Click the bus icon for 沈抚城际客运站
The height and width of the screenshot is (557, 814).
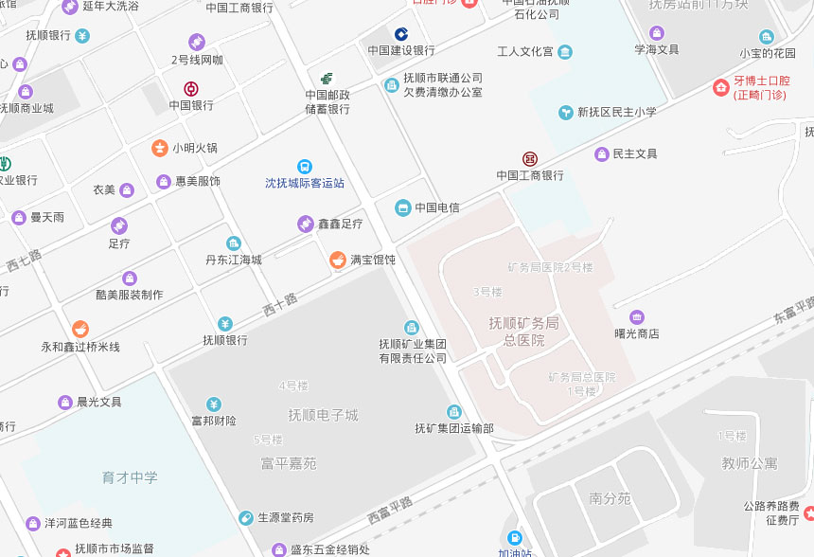(304, 167)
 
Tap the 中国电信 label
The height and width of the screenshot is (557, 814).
(436, 207)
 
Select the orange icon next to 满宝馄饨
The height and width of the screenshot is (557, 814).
(337, 260)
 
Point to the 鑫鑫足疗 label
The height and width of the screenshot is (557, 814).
(340, 225)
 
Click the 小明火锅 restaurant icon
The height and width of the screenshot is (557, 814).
(159, 148)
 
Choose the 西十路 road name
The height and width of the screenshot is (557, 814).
(279, 303)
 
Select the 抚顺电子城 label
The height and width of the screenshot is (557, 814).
(324, 415)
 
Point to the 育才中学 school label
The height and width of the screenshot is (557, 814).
(130, 477)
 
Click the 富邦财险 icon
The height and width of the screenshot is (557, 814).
(214, 404)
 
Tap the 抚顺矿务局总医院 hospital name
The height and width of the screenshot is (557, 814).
(523, 332)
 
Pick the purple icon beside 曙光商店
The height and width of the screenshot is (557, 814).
(636, 317)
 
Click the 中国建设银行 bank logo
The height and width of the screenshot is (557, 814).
(401, 34)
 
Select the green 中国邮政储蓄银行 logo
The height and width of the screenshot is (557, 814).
(327, 78)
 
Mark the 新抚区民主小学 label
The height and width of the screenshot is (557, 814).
(617, 112)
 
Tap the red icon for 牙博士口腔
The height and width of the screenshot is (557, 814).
(721, 87)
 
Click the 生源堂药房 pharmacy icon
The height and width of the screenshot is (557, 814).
(245, 518)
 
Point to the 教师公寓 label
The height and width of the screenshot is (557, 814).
(749, 463)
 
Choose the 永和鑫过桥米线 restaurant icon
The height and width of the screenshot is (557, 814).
(80, 330)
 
